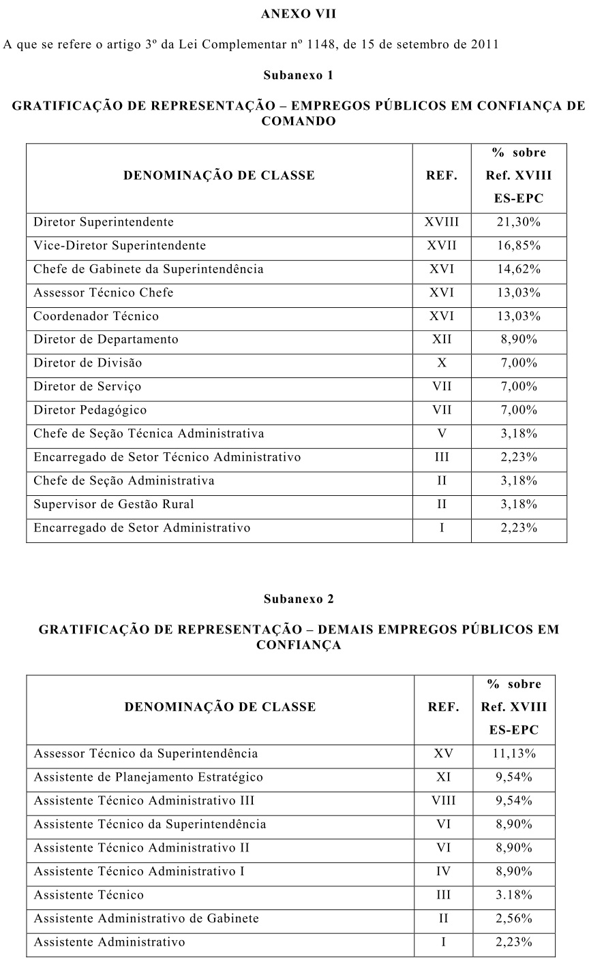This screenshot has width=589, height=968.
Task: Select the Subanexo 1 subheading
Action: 299,76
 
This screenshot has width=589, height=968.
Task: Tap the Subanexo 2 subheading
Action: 299,599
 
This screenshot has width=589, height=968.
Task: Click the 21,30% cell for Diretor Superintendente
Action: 519,222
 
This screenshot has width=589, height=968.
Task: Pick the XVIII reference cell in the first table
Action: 442,222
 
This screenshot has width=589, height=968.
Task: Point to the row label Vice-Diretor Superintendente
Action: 120,245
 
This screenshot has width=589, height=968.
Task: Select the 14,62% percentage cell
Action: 519,269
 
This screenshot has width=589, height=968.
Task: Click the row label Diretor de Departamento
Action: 106,339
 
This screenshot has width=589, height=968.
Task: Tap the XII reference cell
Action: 442,339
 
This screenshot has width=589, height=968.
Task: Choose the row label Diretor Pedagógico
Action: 90,410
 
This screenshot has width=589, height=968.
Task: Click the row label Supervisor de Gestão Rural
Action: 114,504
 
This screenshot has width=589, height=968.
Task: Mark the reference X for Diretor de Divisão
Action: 442,363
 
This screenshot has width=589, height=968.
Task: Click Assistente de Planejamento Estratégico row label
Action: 149,777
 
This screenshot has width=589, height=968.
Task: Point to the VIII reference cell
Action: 443,801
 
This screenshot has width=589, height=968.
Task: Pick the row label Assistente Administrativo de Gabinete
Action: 147,918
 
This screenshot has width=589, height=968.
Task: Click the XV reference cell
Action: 443,754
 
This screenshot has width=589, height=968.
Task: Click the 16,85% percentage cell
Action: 519,245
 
